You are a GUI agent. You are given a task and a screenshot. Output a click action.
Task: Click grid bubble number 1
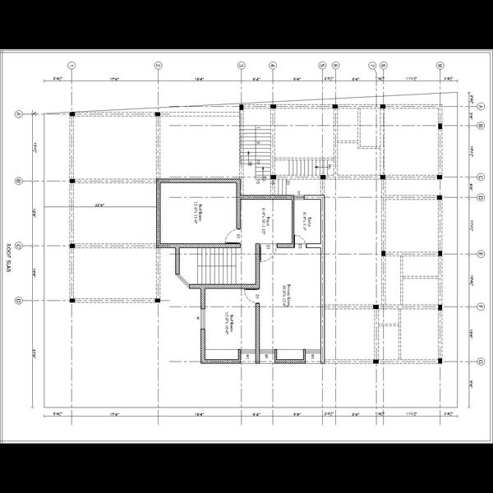point(72,65)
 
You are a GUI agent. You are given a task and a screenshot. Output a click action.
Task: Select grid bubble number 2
point(158,65)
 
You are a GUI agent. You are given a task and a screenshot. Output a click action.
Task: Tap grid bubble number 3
point(241,65)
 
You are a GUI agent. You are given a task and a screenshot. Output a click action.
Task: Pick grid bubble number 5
point(322,65)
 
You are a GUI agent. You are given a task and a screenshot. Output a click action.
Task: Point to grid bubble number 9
point(440,65)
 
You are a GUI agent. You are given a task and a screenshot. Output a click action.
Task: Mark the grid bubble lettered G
point(479,360)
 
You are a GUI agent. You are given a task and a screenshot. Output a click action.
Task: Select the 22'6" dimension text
point(99,205)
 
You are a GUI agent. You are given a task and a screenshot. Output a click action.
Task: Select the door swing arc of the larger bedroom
point(232,239)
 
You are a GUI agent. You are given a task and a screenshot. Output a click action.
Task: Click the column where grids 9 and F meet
point(440,306)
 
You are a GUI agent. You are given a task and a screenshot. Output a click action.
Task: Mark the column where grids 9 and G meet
point(440,360)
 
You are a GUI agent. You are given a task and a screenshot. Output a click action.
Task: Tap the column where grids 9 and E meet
point(440,254)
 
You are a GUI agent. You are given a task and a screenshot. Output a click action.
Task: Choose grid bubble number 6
point(335,65)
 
